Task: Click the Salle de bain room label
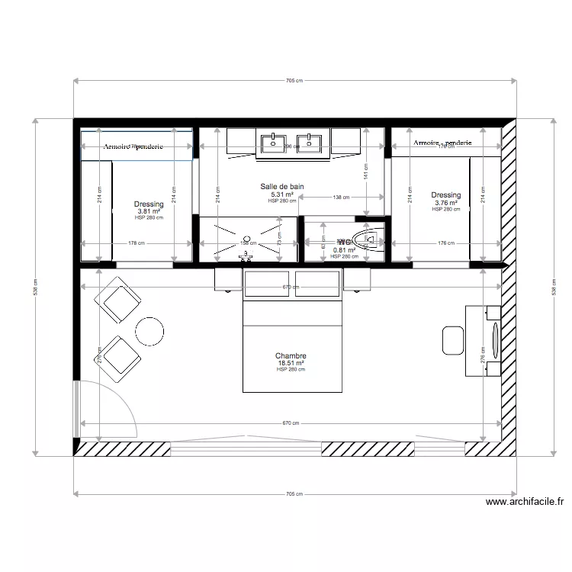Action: click(282, 186)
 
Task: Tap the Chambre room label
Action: click(291, 355)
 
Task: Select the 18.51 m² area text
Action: click(291, 363)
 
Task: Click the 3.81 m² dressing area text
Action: click(149, 211)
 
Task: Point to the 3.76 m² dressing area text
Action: click(446, 203)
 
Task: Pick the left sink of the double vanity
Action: click(272, 142)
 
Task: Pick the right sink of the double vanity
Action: click(309, 142)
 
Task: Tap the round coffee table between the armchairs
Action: click(149, 329)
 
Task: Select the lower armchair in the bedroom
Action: click(118, 358)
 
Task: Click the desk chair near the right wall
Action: click(452, 339)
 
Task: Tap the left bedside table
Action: click(228, 279)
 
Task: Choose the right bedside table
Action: click(356, 279)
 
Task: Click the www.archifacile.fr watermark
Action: click(525, 502)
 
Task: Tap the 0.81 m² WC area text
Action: click(345, 250)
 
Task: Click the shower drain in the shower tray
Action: click(246, 239)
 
